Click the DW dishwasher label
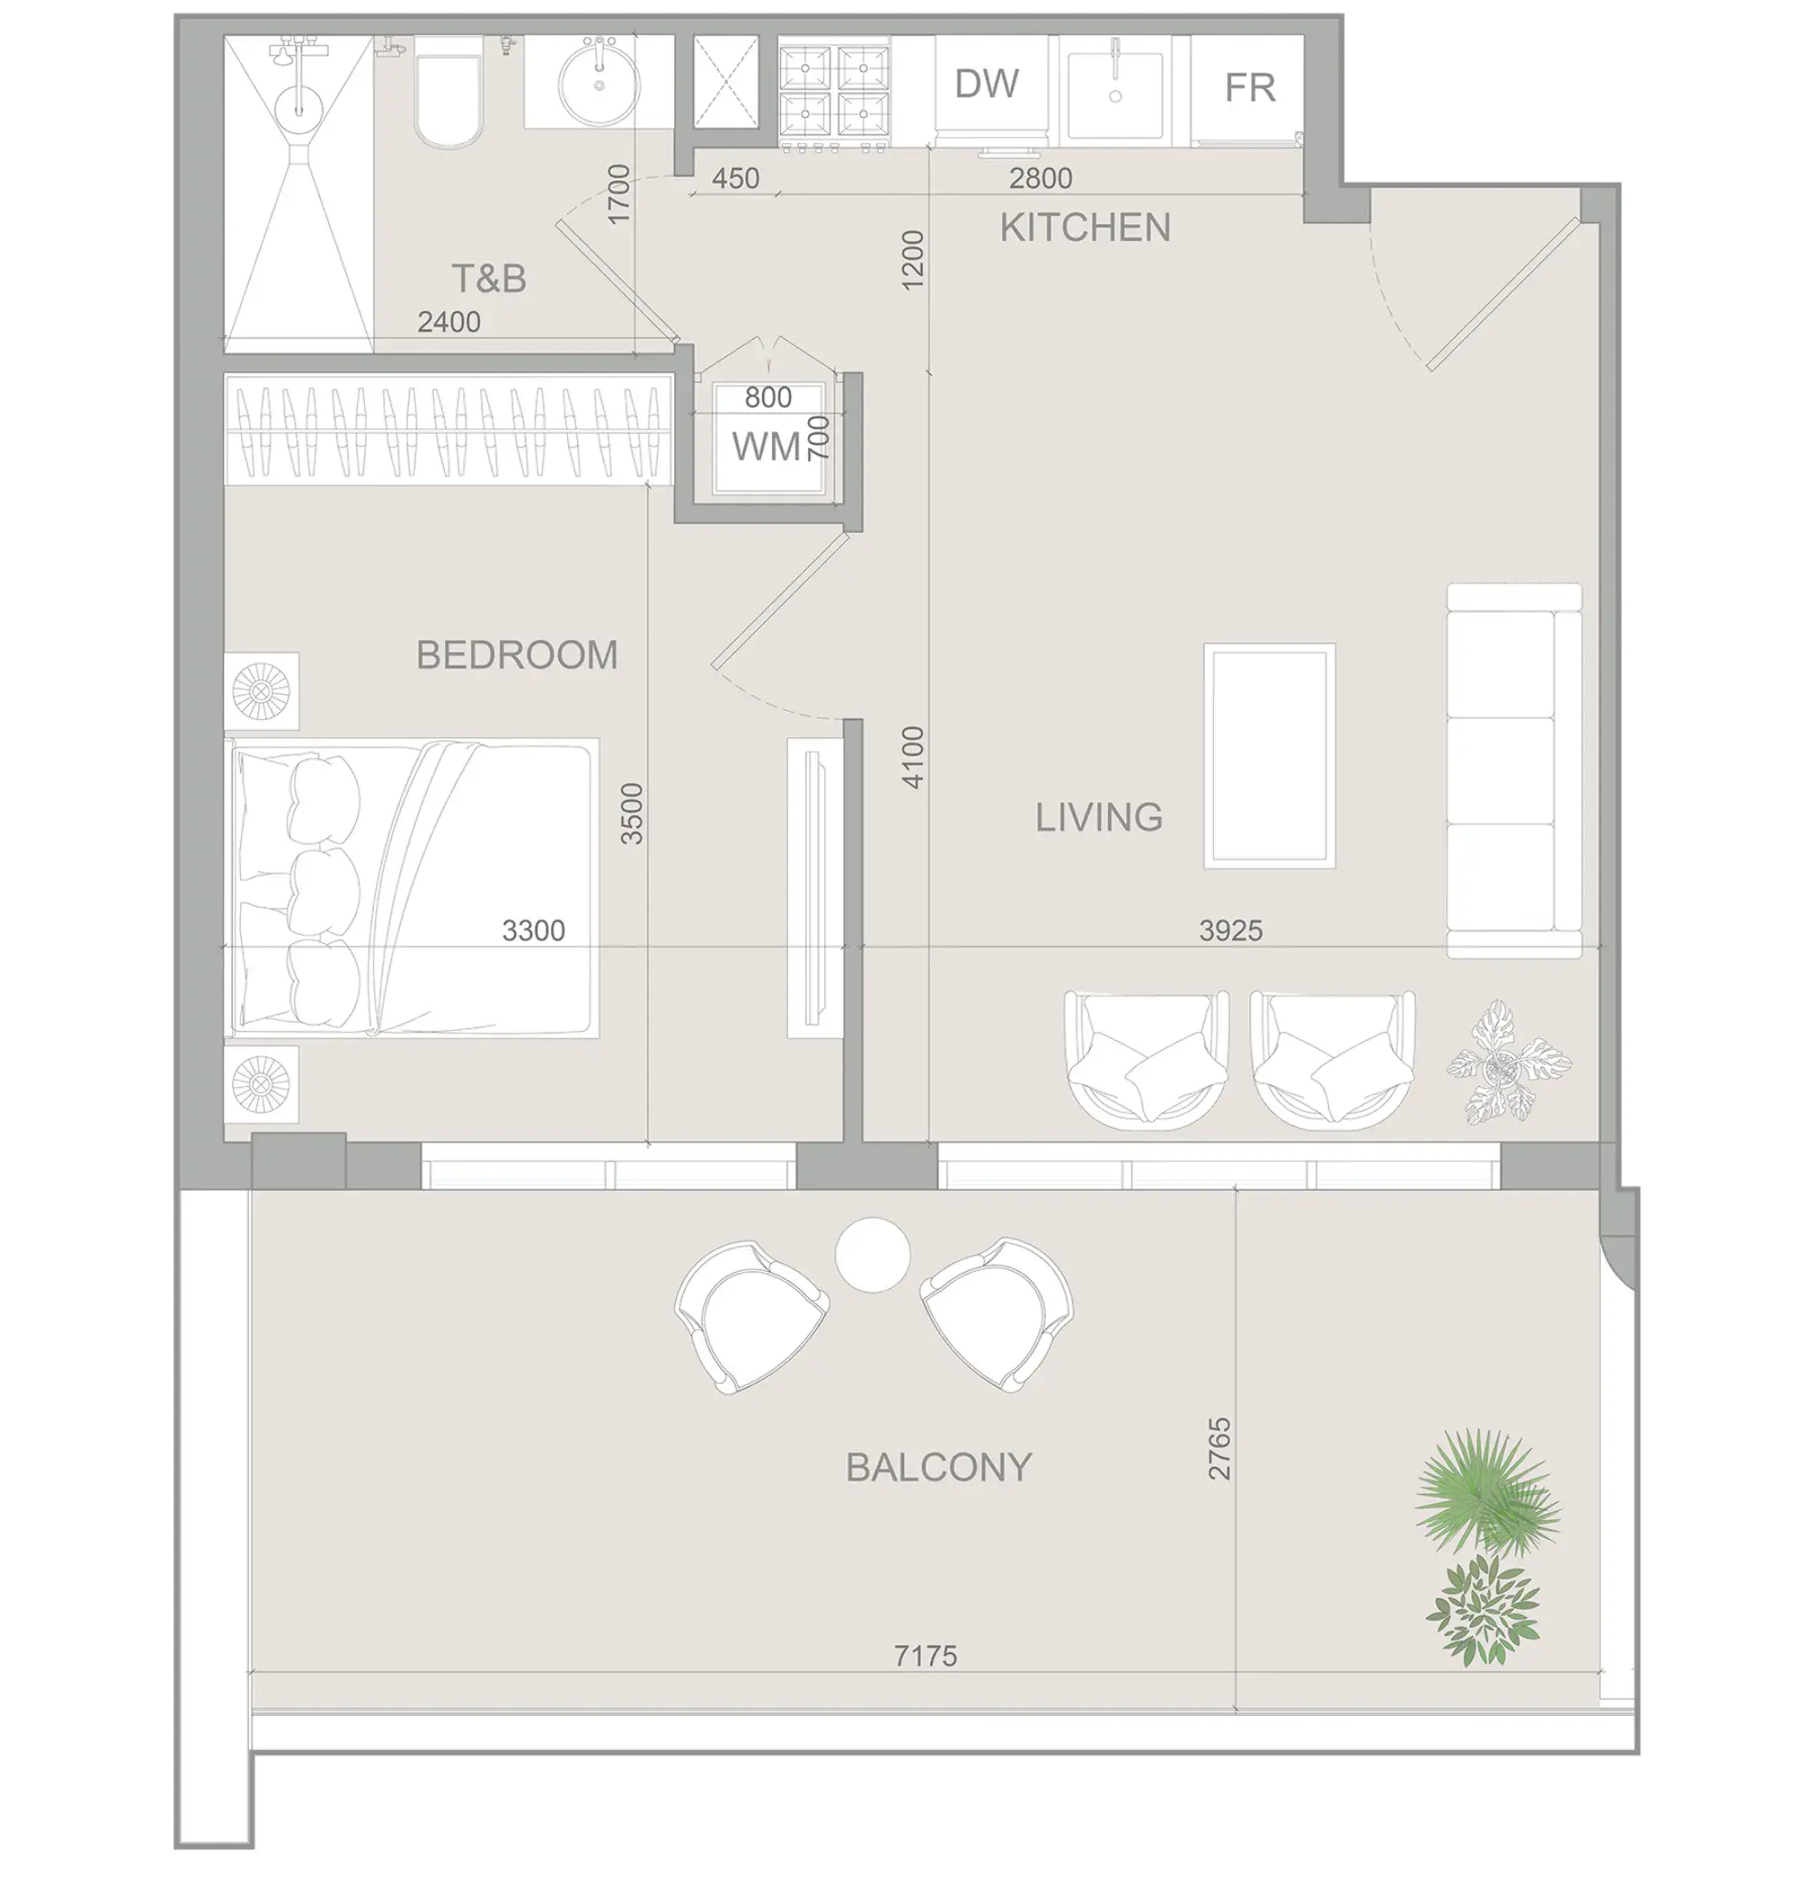987,84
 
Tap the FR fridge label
1249,88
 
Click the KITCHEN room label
1084,228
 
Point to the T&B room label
488,279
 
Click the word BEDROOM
516,655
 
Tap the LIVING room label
1099,817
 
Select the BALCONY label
938,1468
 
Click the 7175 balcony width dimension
924,1655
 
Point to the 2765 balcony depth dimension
1218,1449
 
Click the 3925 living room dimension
1229,929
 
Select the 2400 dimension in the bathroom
448,322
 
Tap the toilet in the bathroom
448,100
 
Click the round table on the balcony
871,1254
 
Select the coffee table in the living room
1268,756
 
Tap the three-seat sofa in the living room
1512,770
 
